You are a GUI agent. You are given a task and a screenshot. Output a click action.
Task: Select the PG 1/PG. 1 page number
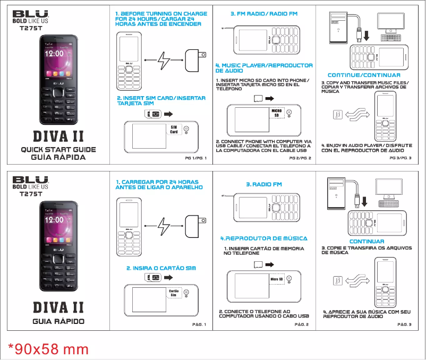(195, 158)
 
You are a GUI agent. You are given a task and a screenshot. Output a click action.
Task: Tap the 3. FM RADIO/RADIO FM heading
(264, 13)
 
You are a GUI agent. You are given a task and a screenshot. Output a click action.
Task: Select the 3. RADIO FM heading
(264, 184)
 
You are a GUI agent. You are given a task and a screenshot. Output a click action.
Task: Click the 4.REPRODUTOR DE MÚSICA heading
(264, 238)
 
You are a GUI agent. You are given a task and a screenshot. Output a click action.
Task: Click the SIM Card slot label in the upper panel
(174, 130)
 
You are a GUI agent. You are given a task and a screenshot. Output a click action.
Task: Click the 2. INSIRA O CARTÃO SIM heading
(161, 268)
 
